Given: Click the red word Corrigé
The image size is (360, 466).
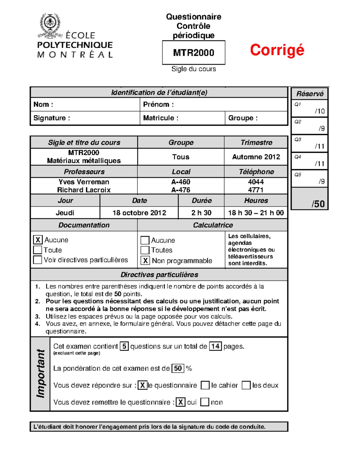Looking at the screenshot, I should tap(277, 50).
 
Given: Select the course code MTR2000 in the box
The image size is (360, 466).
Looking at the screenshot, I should tap(193, 53).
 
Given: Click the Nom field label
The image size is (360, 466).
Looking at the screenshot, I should tap(43, 104).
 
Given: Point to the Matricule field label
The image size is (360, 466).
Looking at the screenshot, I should tap(160, 118).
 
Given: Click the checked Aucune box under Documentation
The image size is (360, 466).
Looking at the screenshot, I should tap(38, 240).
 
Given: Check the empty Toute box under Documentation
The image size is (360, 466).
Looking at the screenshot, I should tap(38, 250).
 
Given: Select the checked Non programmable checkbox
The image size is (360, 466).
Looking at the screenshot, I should tap(145, 260).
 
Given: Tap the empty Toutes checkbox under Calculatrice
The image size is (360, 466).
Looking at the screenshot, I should tap(145, 250).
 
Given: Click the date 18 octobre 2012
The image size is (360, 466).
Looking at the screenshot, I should tap(139, 213).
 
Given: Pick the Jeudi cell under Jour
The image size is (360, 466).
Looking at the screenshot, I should tap(65, 213).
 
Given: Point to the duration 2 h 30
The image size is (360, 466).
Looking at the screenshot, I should tap(201, 213).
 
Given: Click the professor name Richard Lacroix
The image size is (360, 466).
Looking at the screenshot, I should tap(84, 190).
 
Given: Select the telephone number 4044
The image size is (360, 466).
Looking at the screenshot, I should tap(256, 182).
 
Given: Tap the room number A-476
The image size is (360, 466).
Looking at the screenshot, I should tap(181, 190).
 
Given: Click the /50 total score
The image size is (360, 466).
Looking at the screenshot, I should tap(318, 204).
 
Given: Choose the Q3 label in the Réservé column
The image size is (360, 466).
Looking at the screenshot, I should tap(298, 140).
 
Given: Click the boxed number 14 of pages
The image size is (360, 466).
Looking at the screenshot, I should tap(215, 346).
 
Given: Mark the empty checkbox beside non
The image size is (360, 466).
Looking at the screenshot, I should tap(205, 402).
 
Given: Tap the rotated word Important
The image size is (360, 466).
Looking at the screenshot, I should tap(40, 374).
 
